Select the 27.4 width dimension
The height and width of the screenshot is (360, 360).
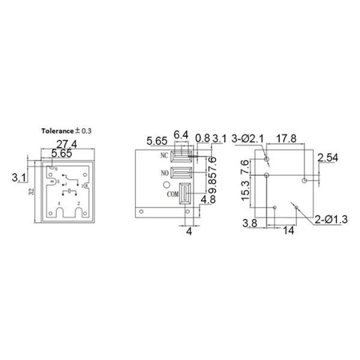point(67,144)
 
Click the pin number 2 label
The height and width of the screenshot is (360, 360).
point(79,205)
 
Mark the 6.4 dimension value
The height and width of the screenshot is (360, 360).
point(181,134)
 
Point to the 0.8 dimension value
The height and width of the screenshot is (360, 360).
point(203,138)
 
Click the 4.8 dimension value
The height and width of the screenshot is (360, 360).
point(208,199)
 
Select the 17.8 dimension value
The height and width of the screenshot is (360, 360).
point(287,138)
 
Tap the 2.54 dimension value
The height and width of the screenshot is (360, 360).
point(328,158)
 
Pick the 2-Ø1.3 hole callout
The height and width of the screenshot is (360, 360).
point(329,220)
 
